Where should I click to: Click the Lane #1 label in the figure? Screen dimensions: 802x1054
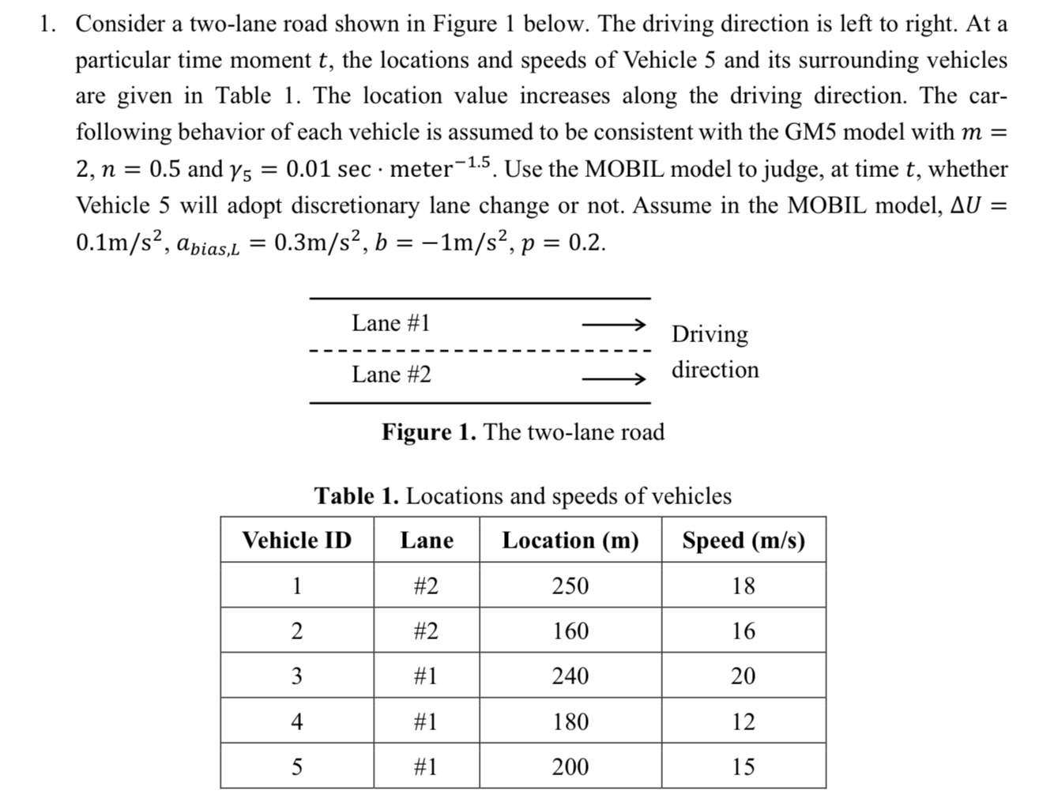coord(391,323)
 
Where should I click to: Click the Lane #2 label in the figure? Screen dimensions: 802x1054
coord(392,374)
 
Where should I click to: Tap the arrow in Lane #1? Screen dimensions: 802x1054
coord(614,324)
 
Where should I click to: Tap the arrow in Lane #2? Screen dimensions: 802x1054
coord(614,380)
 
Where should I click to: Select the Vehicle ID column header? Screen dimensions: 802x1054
coord(296,540)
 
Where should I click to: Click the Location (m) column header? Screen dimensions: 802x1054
coord(570,540)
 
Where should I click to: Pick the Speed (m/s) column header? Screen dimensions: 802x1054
coord(743,540)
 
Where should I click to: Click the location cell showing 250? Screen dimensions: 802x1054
coord(570,585)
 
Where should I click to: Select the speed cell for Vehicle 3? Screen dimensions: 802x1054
coord(743,676)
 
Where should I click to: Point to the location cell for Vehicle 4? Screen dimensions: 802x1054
coord(570,721)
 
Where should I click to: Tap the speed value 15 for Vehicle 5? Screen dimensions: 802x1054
coord(743,766)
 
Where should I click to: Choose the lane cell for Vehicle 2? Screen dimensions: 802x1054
coord(426,631)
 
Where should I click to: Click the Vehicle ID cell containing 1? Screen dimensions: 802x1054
coord(296,585)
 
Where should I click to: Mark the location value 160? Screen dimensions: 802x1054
coord(570,631)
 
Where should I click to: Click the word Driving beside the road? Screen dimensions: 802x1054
coord(710,334)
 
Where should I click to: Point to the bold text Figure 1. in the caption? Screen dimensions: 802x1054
coord(429,432)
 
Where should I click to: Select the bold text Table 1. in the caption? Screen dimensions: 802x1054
coord(356,496)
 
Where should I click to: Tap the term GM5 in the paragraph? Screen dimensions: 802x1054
coord(811,132)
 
